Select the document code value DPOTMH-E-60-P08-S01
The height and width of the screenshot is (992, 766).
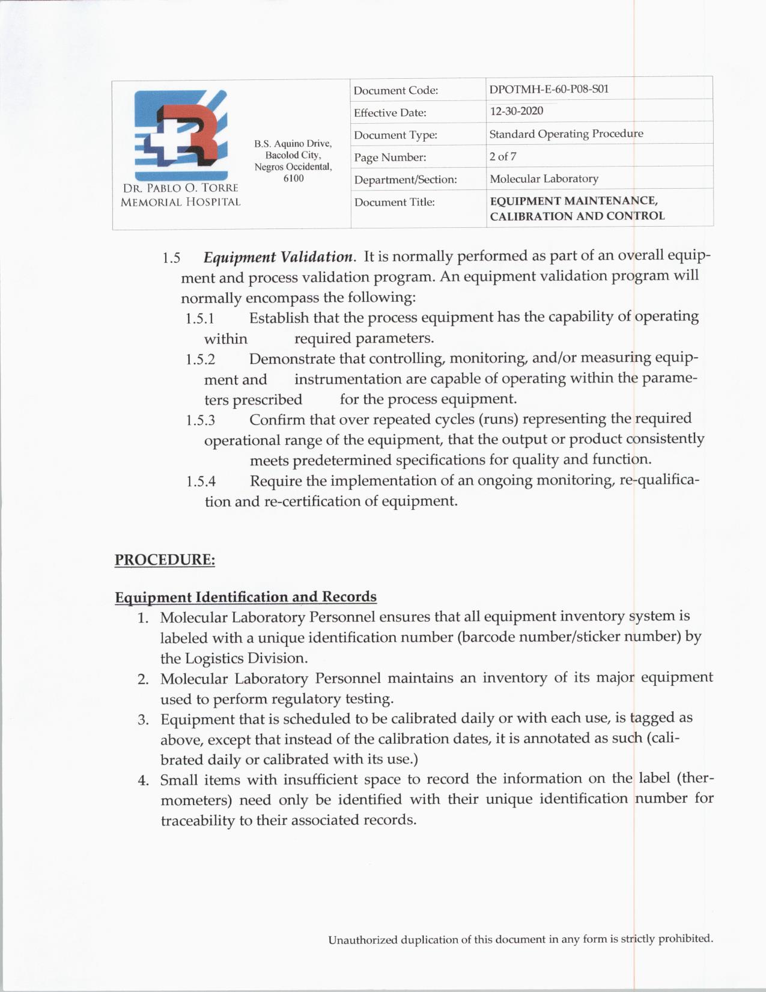pos(549,89)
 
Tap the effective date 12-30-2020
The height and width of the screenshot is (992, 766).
pos(516,111)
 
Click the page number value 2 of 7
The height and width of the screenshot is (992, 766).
pos(503,156)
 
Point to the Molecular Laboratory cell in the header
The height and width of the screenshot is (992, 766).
pos(544,179)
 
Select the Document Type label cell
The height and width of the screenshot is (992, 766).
pos(395,135)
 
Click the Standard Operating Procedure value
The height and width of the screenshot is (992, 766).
pos(566,133)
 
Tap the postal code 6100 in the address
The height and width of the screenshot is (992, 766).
pos(293,179)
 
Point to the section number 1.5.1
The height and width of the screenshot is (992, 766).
pos(200,318)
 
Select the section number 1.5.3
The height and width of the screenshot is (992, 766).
pos(201,420)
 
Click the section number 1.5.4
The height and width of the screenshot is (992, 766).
pos(201,482)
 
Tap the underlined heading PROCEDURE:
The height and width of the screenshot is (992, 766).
pos(165,560)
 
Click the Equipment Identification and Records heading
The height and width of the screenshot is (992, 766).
pos(246,597)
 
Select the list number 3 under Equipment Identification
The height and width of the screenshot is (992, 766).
pos(143,720)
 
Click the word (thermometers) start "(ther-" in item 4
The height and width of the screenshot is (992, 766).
pos(695,779)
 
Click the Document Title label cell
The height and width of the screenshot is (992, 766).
pos(394,202)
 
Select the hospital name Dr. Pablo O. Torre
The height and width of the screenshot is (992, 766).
pos(180,188)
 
